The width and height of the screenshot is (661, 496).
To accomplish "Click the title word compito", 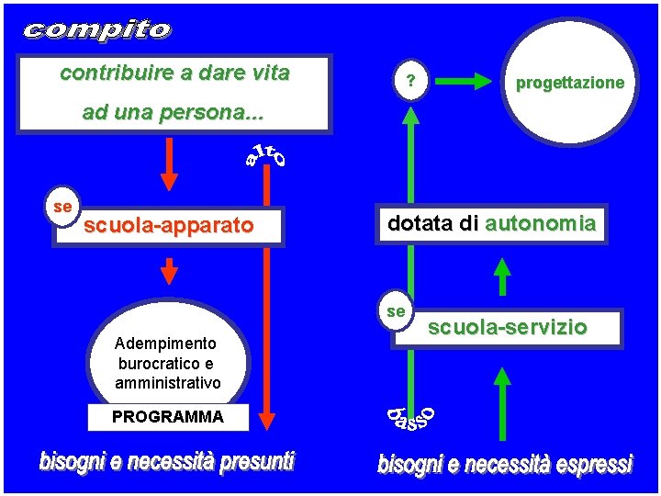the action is coord(96,30).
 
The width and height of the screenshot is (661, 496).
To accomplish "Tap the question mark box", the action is coord(411,82).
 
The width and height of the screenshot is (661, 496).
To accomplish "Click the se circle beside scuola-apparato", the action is coord(63,208).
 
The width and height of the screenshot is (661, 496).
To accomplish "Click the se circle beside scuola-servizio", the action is coord(397,312).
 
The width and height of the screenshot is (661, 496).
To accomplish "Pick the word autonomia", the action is coord(541,223).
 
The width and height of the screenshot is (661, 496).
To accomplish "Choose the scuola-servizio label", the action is coord(508,326).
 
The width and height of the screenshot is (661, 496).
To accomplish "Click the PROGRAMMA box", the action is coord(167,417).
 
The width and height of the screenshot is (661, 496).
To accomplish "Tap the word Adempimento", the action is coord(165,344).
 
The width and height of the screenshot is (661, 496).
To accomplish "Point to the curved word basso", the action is coord(408,419).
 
